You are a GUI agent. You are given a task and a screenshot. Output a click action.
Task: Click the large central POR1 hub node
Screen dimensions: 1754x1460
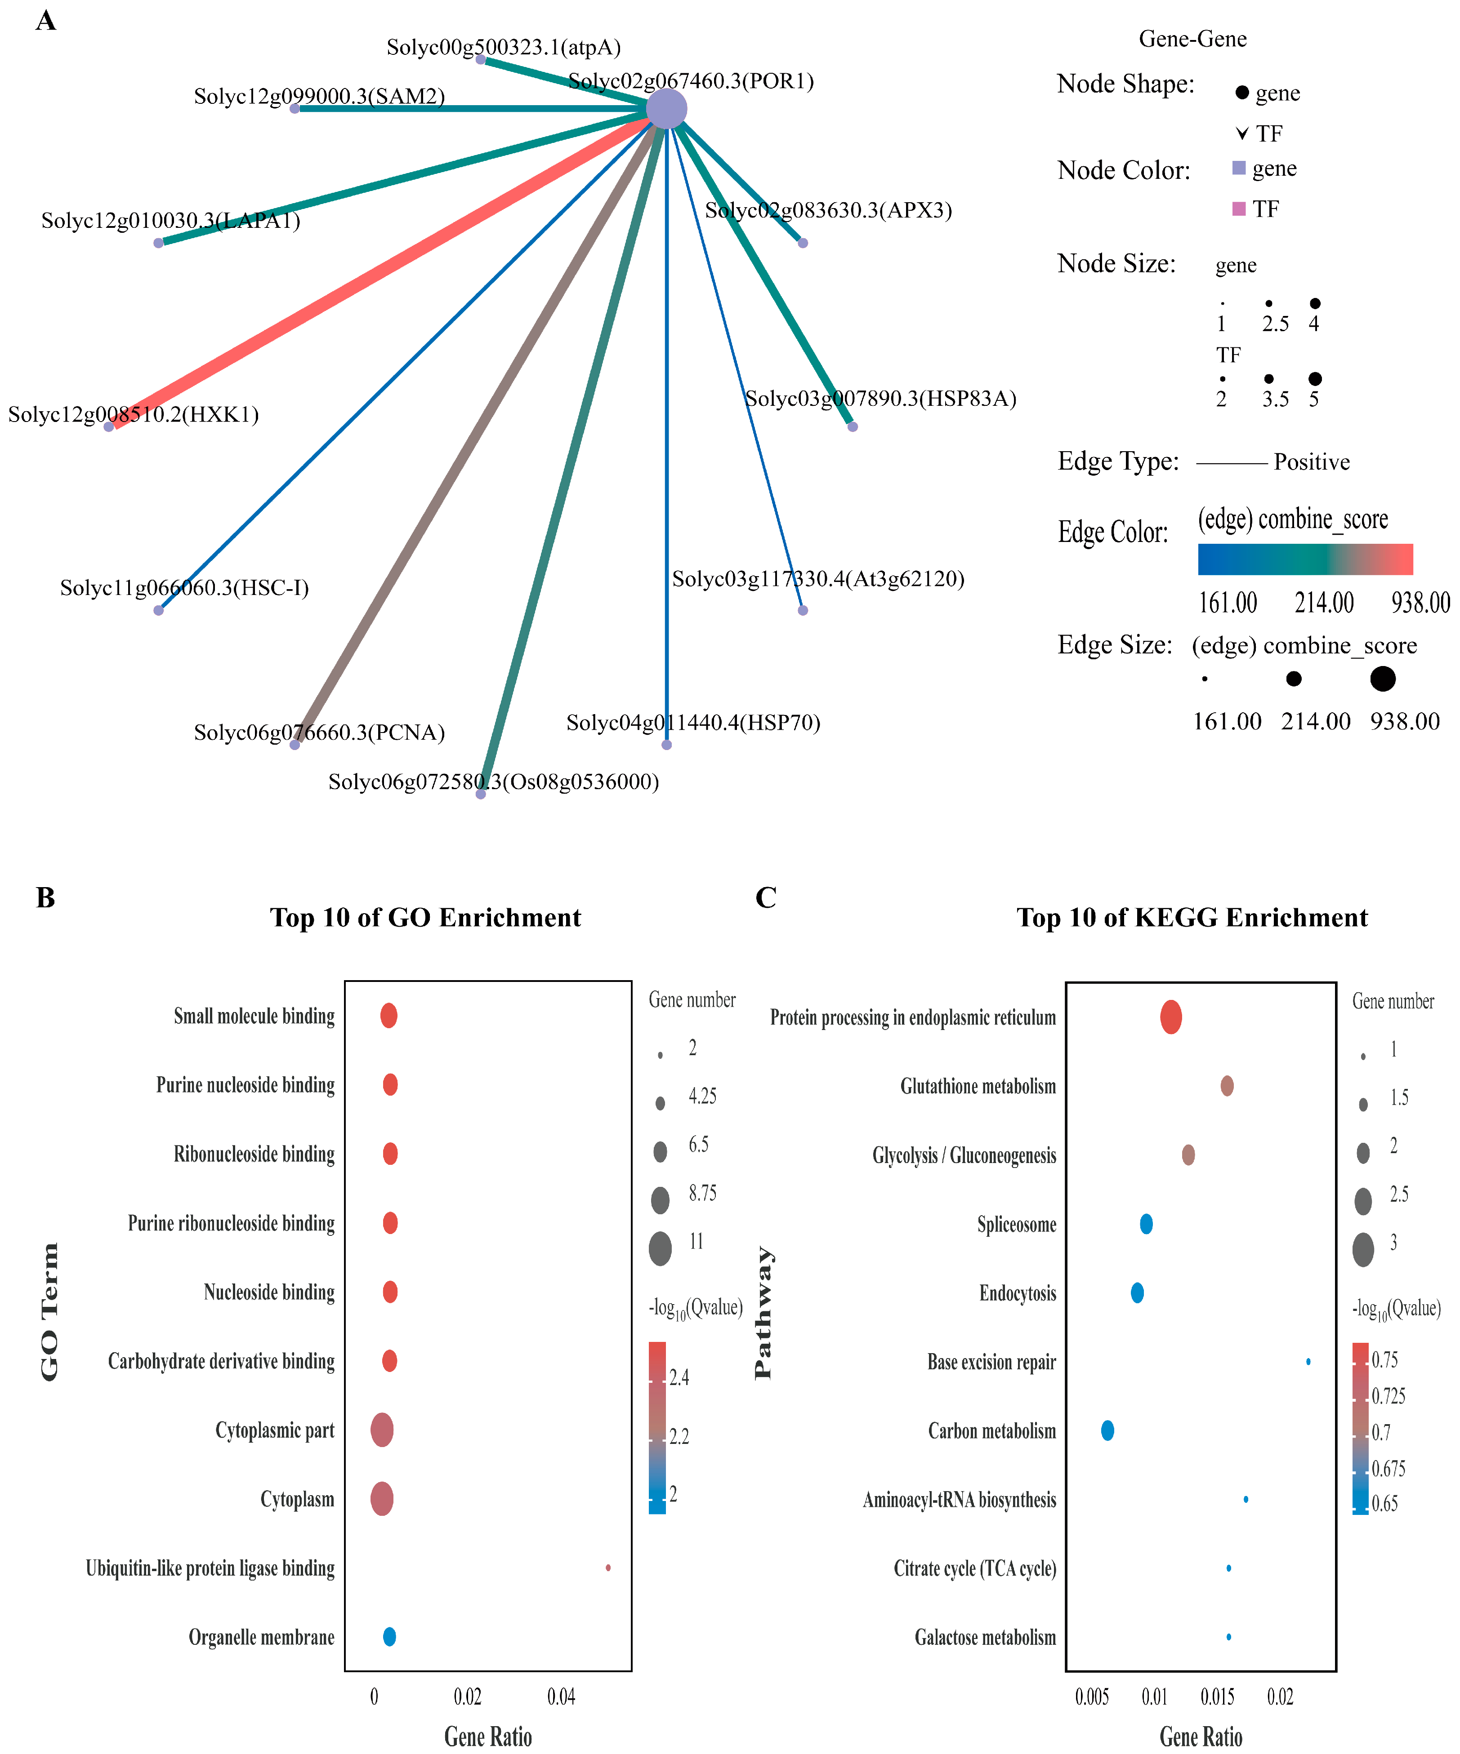pyautogui.click(x=666, y=109)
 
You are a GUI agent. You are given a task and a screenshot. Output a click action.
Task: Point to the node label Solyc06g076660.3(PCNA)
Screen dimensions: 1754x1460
pyautogui.click(x=319, y=733)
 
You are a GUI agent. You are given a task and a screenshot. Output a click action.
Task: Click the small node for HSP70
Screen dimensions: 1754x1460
pyautogui.click(x=666, y=744)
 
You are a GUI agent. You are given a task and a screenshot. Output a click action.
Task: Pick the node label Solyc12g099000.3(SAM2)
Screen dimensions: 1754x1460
pyautogui.click(x=319, y=96)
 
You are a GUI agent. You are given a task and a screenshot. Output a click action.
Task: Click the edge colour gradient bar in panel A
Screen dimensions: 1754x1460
pyautogui.click(x=1304, y=559)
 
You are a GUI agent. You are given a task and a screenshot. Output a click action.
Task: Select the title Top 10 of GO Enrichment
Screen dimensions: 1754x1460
pyautogui.click(x=425, y=917)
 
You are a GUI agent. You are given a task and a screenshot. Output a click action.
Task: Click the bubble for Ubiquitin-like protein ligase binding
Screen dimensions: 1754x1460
pyautogui.click(x=607, y=1568)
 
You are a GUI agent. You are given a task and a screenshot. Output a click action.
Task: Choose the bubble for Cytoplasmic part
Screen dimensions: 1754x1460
pyautogui.click(x=382, y=1430)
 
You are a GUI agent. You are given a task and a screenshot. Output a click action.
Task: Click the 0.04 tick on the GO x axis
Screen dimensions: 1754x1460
pyautogui.click(x=561, y=1696)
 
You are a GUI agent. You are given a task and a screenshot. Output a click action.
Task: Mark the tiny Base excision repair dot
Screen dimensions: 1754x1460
pyautogui.click(x=1308, y=1361)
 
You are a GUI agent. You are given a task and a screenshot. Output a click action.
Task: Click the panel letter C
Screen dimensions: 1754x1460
pyautogui.click(x=765, y=898)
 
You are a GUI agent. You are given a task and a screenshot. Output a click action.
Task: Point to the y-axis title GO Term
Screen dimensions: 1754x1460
pyautogui.click(x=50, y=1311)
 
